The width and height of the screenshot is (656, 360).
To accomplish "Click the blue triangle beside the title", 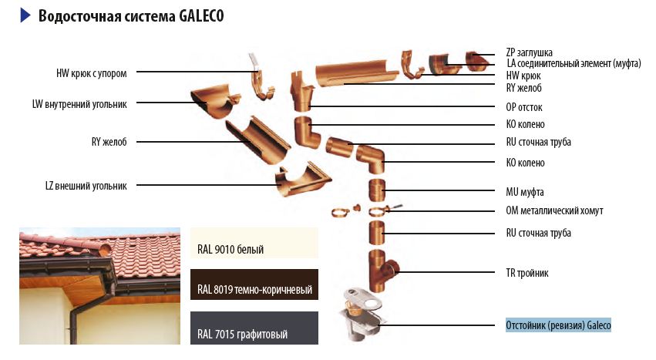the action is [x=25, y=15].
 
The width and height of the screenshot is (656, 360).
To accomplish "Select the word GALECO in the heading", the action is [x=201, y=16].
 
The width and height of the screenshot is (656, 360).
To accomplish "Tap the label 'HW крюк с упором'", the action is [x=92, y=74].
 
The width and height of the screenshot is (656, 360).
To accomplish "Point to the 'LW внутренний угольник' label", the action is [x=79, y=104].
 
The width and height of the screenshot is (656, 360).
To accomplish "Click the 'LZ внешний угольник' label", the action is [x=86, y=186].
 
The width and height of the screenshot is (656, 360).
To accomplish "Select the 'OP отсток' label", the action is [x=524, y=107].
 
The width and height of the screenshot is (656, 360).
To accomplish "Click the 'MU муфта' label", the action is [x=525, y=192].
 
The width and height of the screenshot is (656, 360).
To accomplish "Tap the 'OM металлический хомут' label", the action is [x=554, y=210].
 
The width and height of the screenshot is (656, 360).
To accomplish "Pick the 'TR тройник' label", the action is [x=527, y=273].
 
